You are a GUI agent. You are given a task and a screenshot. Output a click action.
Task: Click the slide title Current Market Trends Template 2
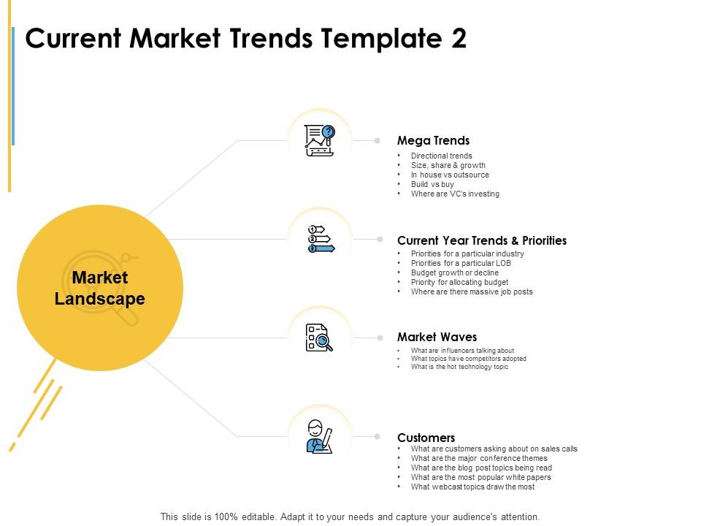tap(246, 39)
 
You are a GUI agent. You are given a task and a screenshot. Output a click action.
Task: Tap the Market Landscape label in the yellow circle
tap(100, 288)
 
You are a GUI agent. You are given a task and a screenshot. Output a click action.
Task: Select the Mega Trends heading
tap(433, 140)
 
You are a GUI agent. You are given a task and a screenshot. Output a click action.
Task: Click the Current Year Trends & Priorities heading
tap(481, 240)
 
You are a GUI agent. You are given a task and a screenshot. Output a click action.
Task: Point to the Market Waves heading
tap(437, 337)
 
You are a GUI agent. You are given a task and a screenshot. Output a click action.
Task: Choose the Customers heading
tap(426, 438)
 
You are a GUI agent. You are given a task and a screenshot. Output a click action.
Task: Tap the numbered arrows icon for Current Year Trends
tap(320, 239)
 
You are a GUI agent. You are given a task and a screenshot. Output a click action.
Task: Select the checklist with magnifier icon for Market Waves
tap(320, 338)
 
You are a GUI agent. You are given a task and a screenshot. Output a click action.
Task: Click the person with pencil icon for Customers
tap(320, 436)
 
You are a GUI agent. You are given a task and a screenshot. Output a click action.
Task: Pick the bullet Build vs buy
tap(432, 185)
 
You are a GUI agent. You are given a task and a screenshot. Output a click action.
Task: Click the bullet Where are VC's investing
tap(455, 194)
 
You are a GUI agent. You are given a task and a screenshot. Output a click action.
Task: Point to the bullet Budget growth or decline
tap(455, 272)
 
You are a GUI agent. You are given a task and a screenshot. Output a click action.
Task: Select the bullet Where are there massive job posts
tap(472, 291)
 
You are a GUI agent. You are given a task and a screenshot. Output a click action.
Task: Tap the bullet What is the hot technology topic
tap(459, 367)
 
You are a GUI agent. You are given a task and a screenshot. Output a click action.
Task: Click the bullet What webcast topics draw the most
tap(472, 487)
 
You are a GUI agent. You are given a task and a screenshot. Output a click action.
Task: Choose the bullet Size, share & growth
tap(448, 166)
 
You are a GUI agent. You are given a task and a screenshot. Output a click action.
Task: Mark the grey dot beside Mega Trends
tap(378, 140)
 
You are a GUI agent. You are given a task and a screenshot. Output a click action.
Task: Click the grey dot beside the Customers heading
tap(378, 437)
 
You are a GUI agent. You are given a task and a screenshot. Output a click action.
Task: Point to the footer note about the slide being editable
tap(350, 517)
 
